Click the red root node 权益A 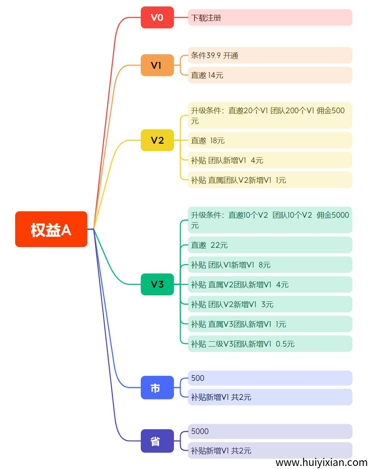coord(51,229)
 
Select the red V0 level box coord(157,17)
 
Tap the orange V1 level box coord(157,65)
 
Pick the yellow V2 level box coord(157,140)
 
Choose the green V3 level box coord(157,284)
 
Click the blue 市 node coord(157,388)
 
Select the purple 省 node coord(157,441)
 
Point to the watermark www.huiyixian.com coord(321,462)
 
